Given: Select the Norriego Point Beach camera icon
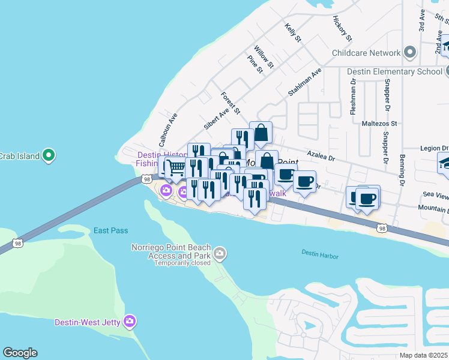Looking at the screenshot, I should [220, 254].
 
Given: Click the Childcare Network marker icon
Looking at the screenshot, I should [410, 53].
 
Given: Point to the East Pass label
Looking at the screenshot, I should [110, 230].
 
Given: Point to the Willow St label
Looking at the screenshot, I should [264, 56].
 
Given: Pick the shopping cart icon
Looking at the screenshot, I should [175, 167].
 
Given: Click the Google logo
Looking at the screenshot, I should [20, 353].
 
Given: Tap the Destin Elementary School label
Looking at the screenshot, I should [395, 71].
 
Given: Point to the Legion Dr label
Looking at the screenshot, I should [434, 148].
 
